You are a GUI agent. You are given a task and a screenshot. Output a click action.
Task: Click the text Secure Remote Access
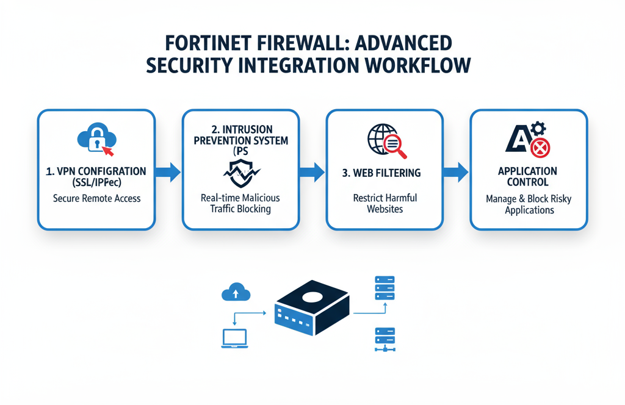[96, 198]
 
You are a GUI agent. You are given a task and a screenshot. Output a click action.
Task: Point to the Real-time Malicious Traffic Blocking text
[240, 203]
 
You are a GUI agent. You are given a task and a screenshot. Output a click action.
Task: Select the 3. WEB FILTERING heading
[381, 173]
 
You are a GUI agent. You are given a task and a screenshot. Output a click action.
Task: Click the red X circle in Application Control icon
[540, 147]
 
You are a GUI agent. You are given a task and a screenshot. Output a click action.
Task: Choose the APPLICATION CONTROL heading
[527, 176]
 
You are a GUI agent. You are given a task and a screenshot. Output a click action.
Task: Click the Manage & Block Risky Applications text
[529, 204]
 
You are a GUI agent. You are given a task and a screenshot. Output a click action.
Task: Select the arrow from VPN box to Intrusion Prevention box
[168, 172]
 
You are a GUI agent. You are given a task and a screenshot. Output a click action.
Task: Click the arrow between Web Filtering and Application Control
[455, 172]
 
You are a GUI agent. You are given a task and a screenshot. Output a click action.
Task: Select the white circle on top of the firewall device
[312, 297]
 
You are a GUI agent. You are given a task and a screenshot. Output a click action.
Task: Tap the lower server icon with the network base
[384, 339]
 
